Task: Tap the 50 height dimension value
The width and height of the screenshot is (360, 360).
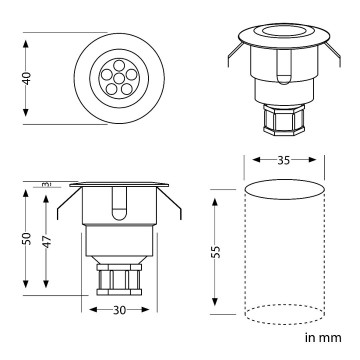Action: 28,239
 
